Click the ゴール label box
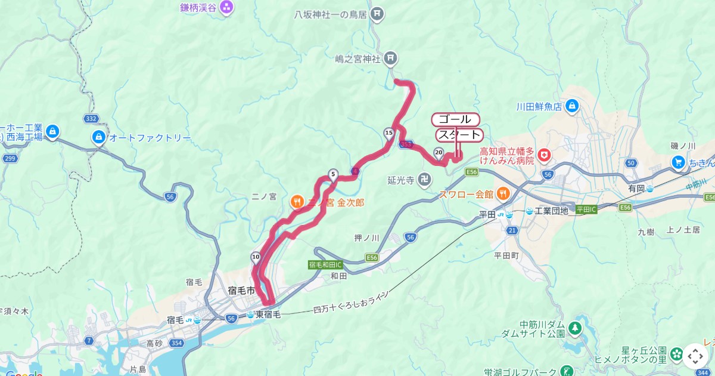pos(455,119)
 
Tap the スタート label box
pos(458,135)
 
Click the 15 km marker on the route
pos(388,132)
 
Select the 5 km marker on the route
pos(333,175)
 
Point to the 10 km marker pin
pos(256,258)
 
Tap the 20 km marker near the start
pos(439,152)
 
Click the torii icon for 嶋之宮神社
pos(391,58)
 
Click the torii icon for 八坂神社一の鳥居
pos(376,13)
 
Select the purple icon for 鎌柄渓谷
pos(226,8)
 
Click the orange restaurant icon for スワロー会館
pos(503,193)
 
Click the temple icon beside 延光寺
pos(424,179)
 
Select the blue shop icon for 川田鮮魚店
pos(572,107)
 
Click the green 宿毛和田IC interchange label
pos(326,264)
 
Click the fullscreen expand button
pos(695,356)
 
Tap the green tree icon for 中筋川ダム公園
pos(574,328)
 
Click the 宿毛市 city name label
pos(241,290)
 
